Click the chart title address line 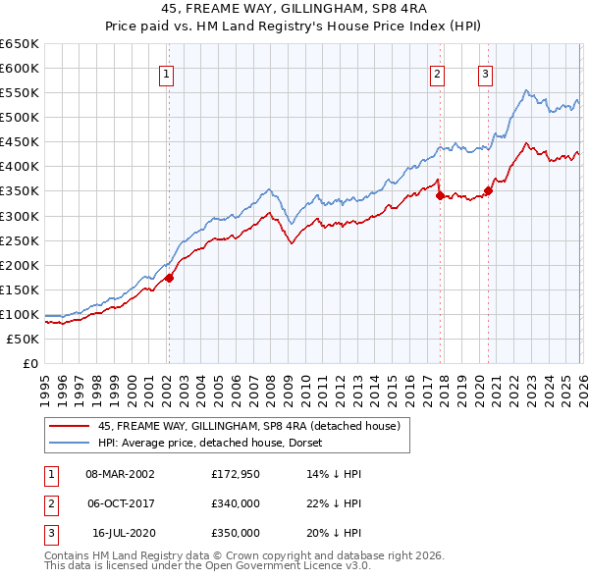(x=294, y=9)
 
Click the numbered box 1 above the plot (x=167, y=74)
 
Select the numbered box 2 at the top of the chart (x=437, y=74)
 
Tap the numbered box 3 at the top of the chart (x=485, y=74)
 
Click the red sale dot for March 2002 (x=169, y=278)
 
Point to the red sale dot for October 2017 (x=440, y=195)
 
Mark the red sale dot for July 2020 (x=488, y=190)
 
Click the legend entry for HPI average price (x=217, y=443)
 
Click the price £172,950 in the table (x=236, y=473)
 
